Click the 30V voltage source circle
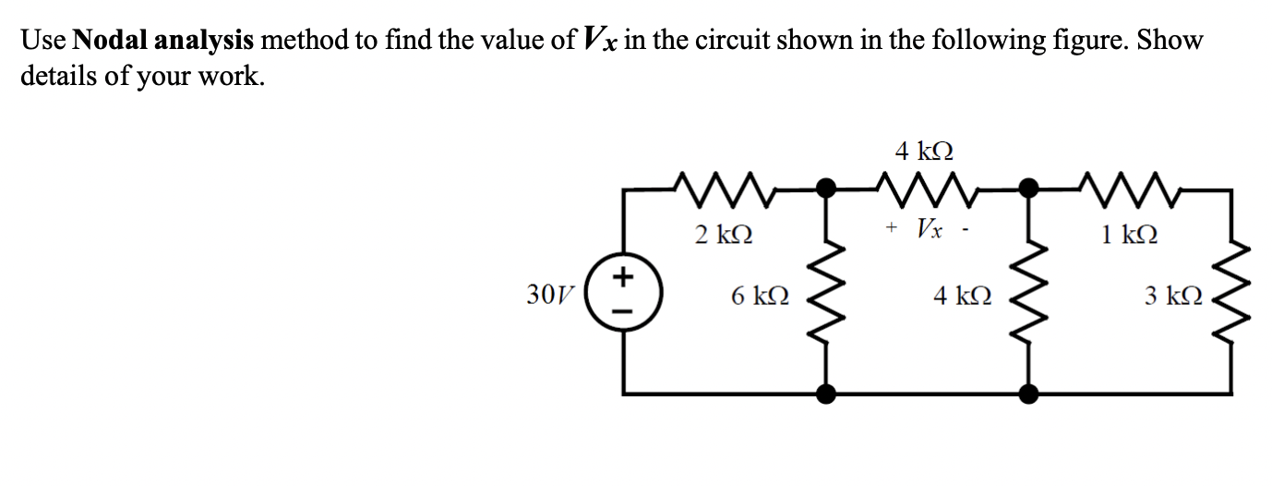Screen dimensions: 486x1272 click(x=624, y=296)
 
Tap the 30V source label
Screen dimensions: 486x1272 click(x=546, y=296)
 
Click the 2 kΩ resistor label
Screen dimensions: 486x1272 click(x=723, y=235)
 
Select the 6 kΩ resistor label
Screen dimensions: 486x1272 click(x=759, y=296)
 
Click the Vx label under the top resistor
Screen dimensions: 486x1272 click(x=930, y=226)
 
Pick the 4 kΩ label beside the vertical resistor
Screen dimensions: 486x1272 click(x=962, y=296)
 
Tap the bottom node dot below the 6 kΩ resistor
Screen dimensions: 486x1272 click(x=827, y=394)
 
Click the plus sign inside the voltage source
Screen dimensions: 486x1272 click(x=624, y=275)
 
